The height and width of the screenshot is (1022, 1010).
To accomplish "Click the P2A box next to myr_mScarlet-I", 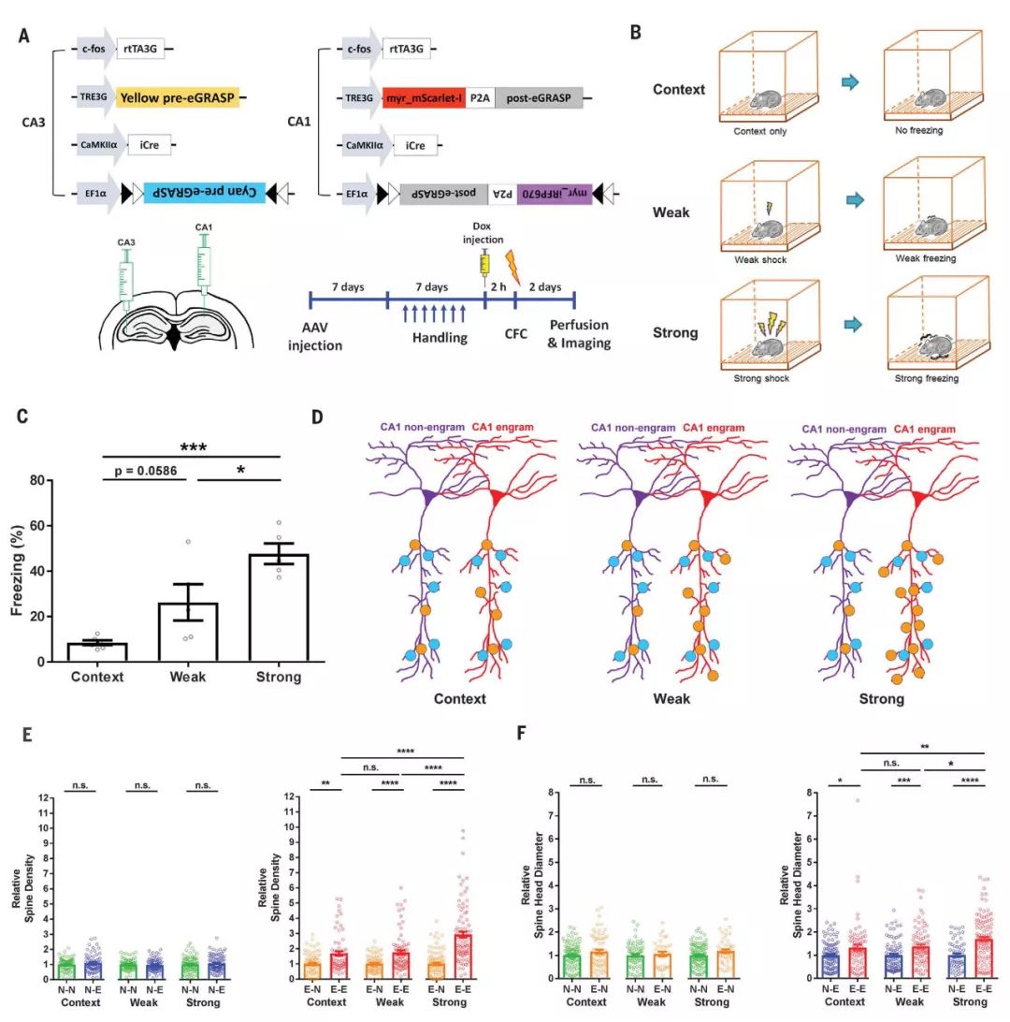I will point(479,95).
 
